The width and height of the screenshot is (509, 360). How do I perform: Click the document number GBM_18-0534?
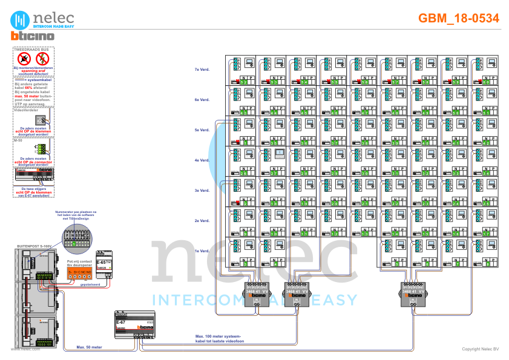(x=458, y=18)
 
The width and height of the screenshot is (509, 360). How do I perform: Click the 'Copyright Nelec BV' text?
(x=480, y=349)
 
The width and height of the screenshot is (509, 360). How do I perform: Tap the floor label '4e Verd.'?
(x=202, y=161)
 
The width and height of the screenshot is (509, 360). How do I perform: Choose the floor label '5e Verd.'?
(x=202, y=130)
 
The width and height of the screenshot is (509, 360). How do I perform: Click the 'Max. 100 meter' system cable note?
(x=218, y=336)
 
